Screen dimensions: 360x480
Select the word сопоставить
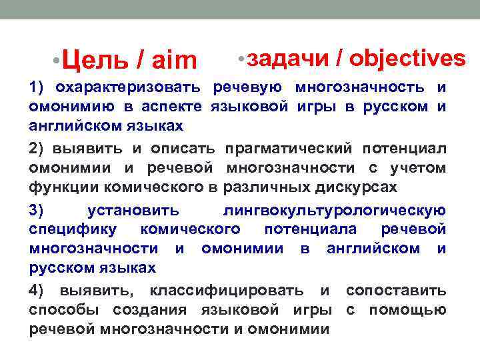(x=396, y=291)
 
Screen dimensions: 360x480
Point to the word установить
(x=133, y=211)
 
